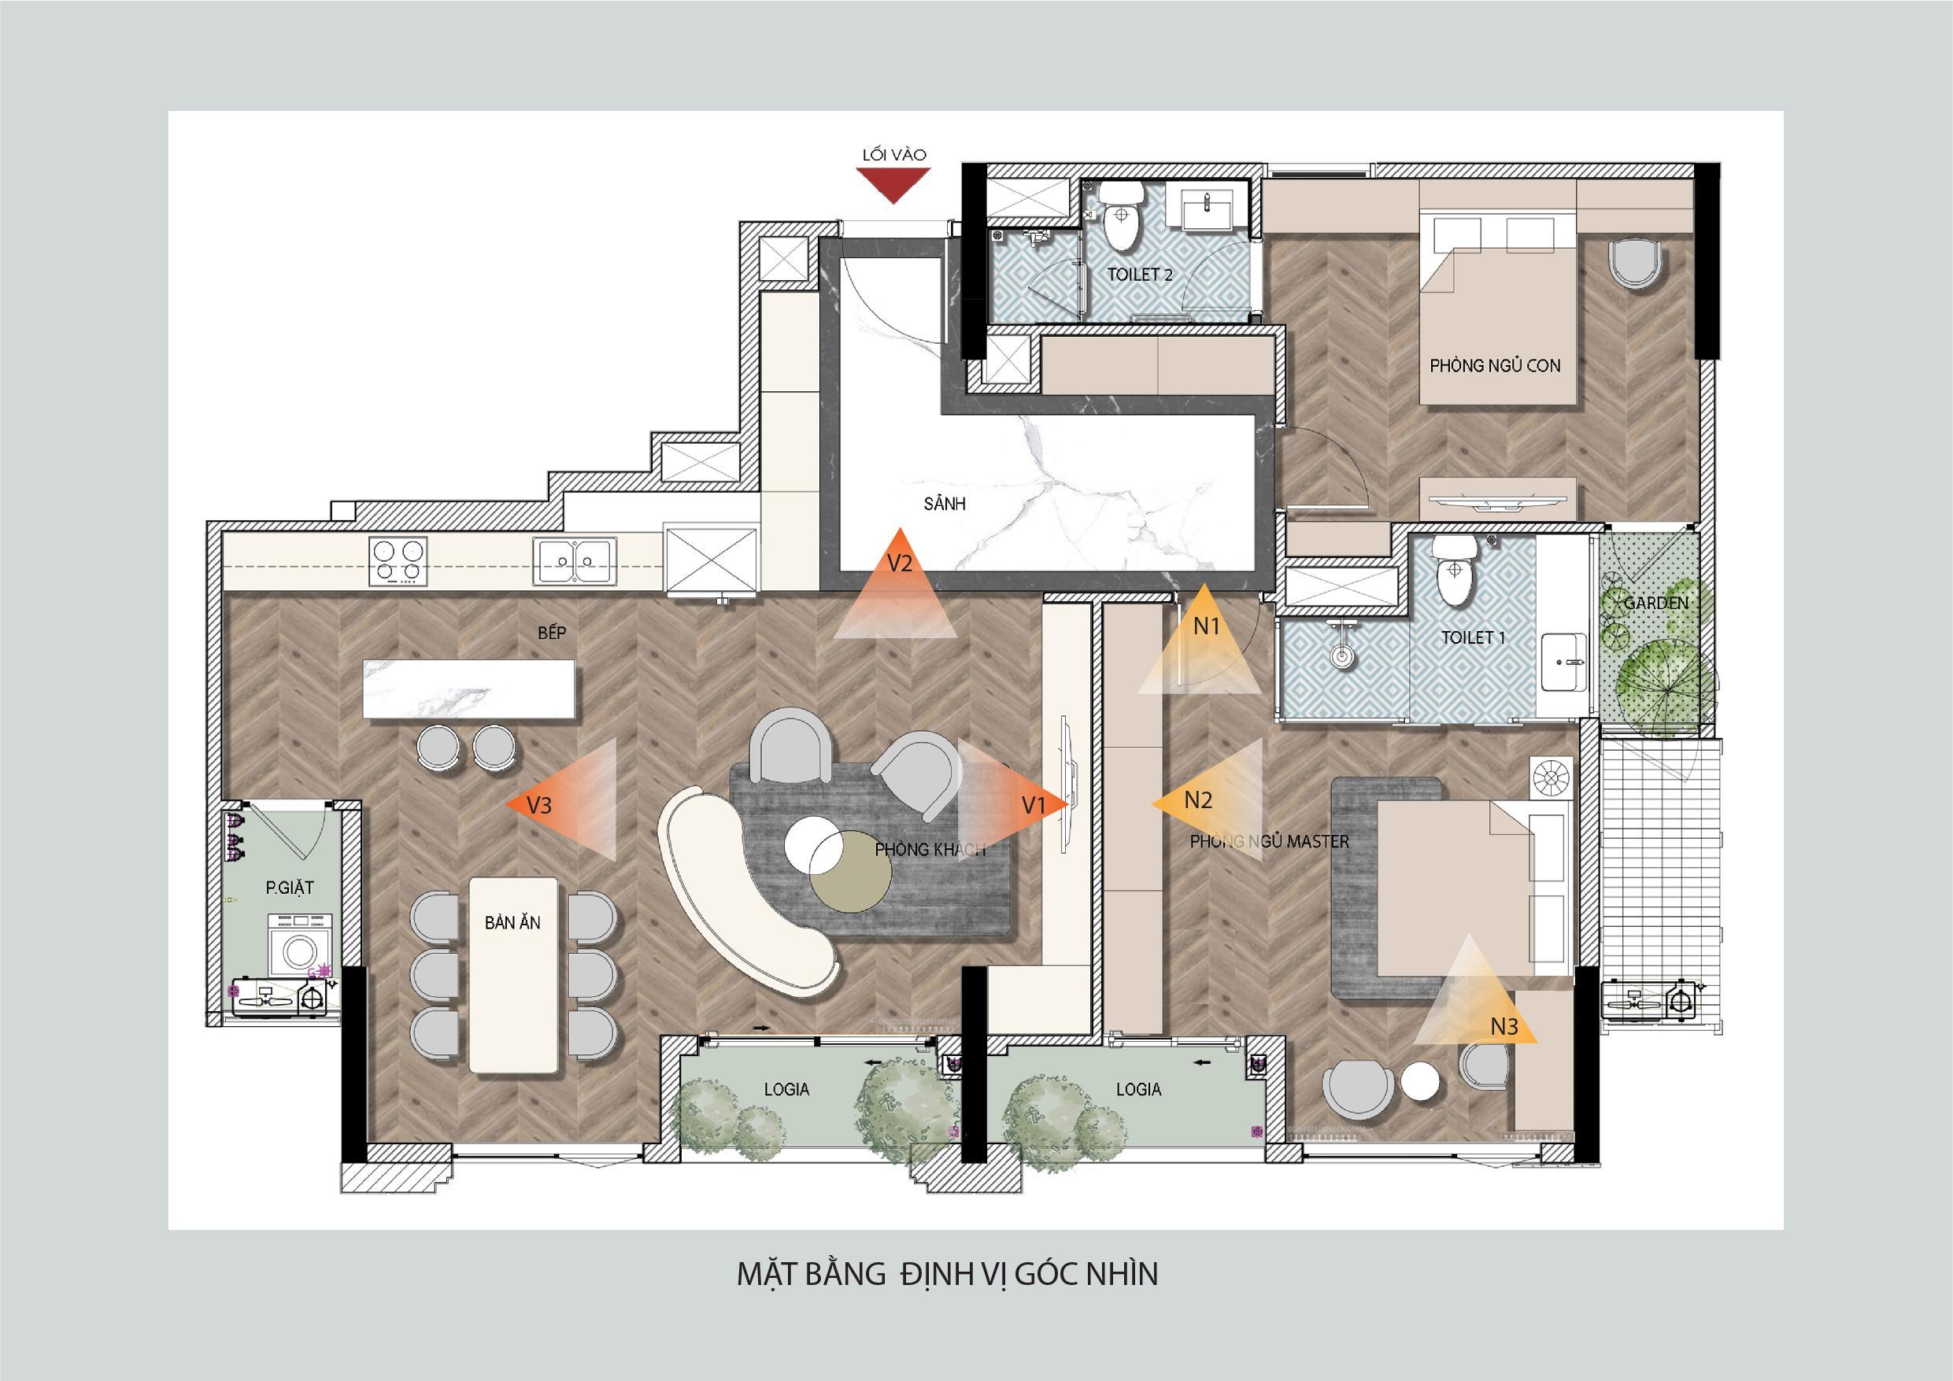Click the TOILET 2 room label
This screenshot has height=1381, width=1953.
pos(1139,275)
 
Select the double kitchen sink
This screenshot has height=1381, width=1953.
pos(575,560)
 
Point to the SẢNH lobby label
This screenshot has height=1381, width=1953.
pos(944,504)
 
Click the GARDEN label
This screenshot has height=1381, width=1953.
pos(1655,603)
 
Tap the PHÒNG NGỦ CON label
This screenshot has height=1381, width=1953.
pos(1495,366)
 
